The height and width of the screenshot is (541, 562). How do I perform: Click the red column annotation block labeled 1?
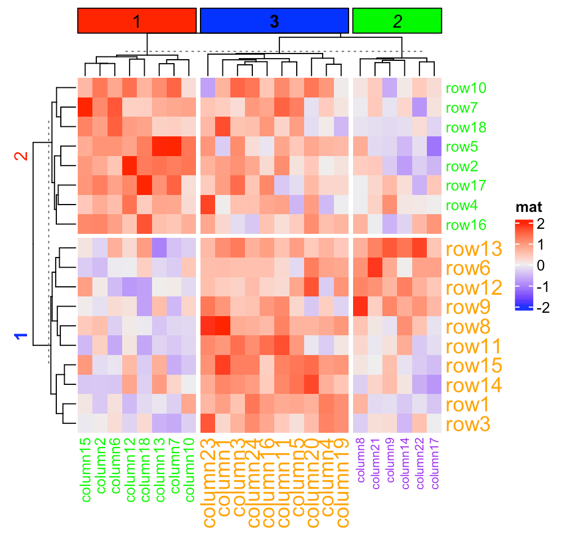137,21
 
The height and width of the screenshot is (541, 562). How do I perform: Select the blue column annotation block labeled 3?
274,21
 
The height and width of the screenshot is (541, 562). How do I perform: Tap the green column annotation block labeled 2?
397,21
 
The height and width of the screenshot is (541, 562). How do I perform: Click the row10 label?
466,88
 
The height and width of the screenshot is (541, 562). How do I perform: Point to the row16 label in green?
466,225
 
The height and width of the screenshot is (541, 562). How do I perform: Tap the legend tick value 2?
541,224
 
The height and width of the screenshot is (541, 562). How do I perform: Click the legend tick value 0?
541,265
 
